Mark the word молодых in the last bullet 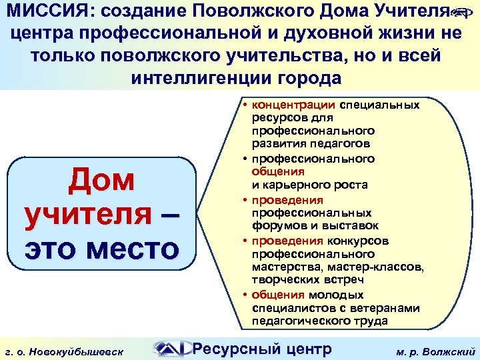pyautogui.click(x=335, y=294)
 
